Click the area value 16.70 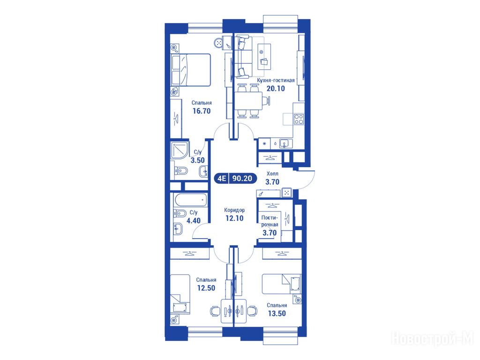click(202, 111)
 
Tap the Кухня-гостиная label click(276, 80)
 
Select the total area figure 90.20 click(242, 178)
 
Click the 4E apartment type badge click(222, 178)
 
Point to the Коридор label click(234, 210)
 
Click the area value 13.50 click(277, 313)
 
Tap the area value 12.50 click(206, 288)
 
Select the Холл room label click(272, 173)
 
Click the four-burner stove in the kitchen click(299, 119)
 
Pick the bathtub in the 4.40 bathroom click(190, 200)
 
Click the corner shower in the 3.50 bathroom click(180, 150)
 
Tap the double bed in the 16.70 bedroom click(191, 70)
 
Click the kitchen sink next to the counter click(285, 143)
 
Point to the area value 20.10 click(276, 89)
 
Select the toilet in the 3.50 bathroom click(181, 171)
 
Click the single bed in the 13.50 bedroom click(281, 284)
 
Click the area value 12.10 click(234, 218)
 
